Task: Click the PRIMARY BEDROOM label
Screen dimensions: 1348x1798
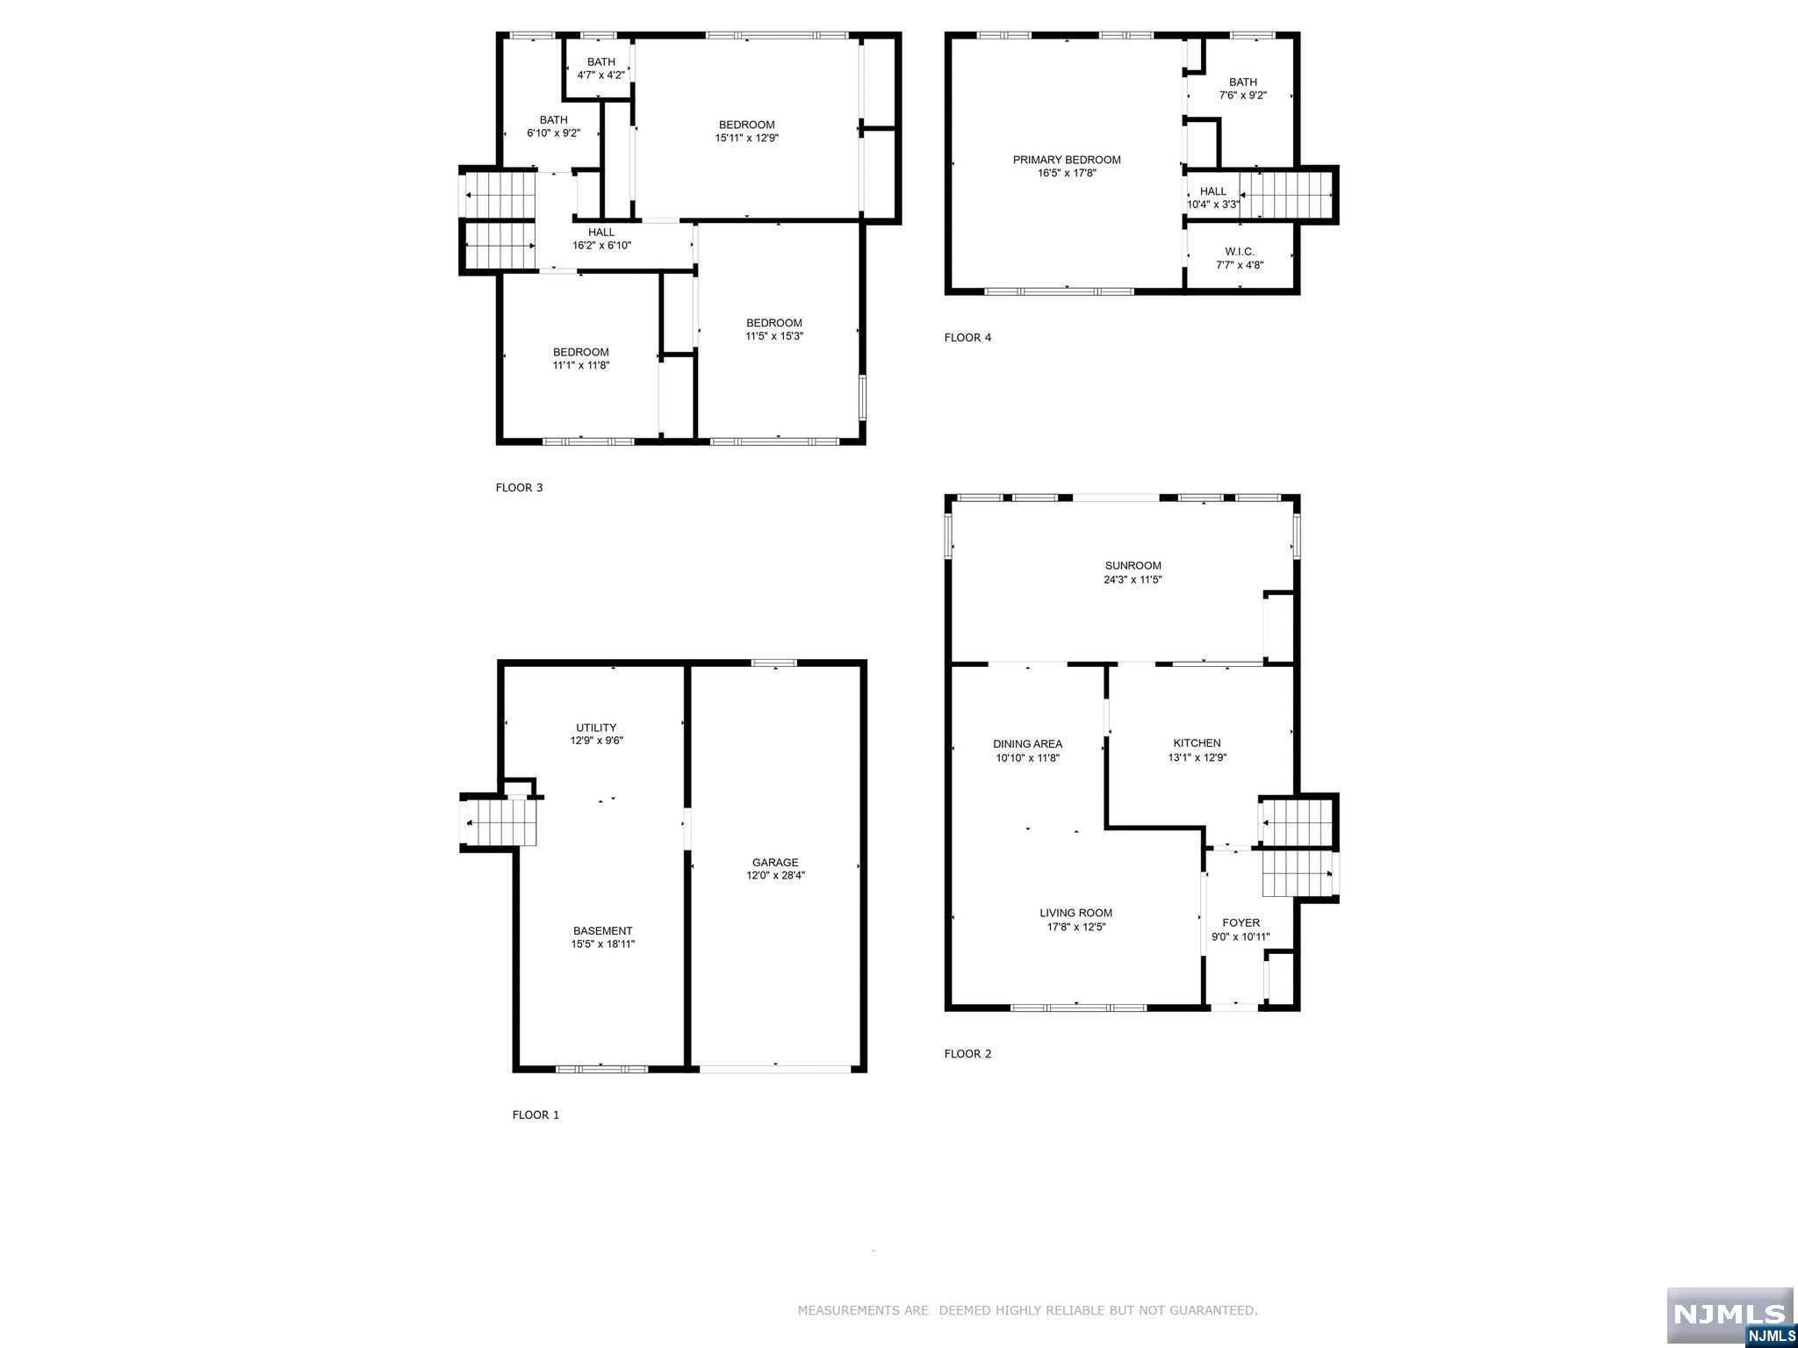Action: (1067, 160)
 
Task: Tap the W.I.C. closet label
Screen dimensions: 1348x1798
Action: (1240, 252)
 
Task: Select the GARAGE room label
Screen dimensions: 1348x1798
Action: (775, 863)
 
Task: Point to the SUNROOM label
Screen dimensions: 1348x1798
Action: (1133, 566)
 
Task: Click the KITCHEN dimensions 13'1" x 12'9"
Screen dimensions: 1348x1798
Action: (1197, 757)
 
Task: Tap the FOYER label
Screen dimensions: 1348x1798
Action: (1241, 922)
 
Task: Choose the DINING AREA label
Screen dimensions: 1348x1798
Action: (1027, 743)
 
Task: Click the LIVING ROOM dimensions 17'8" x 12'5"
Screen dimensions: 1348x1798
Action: (1075, 927)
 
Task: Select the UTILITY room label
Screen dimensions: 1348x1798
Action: (596, 728)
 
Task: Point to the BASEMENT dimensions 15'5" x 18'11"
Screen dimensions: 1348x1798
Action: (602, 944)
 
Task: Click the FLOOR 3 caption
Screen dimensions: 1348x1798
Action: (519, 488)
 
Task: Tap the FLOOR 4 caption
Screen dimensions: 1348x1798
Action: (967, 338)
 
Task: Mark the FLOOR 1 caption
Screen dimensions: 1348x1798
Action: (536, 1115)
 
